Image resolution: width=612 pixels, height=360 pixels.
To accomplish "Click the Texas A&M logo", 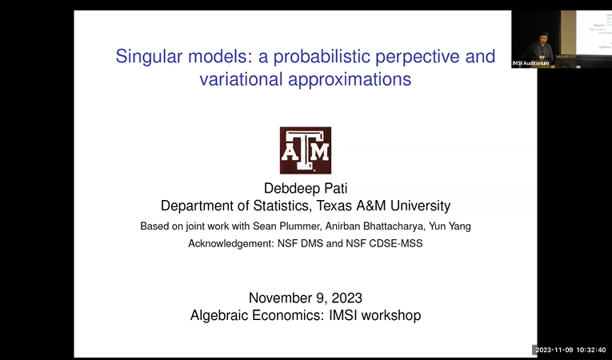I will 305,150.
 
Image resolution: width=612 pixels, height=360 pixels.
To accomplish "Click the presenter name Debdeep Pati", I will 306,189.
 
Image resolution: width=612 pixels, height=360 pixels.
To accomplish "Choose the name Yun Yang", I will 451,226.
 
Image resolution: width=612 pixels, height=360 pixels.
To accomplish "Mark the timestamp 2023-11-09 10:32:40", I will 571,350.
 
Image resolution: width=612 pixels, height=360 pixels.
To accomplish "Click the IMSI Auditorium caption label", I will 530,63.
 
